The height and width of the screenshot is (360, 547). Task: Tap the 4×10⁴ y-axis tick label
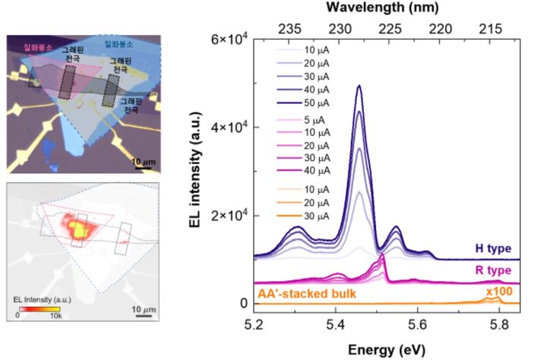pyautogui.click(x=230, y=127)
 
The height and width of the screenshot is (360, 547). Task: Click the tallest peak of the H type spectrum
pyautogui.click(x=359, y=86)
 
